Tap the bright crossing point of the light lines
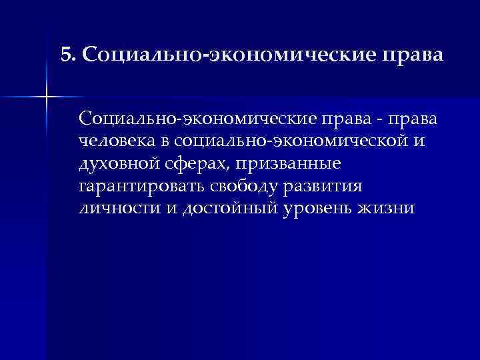click(x=46, y=98)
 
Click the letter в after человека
click(x=164, y=142)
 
